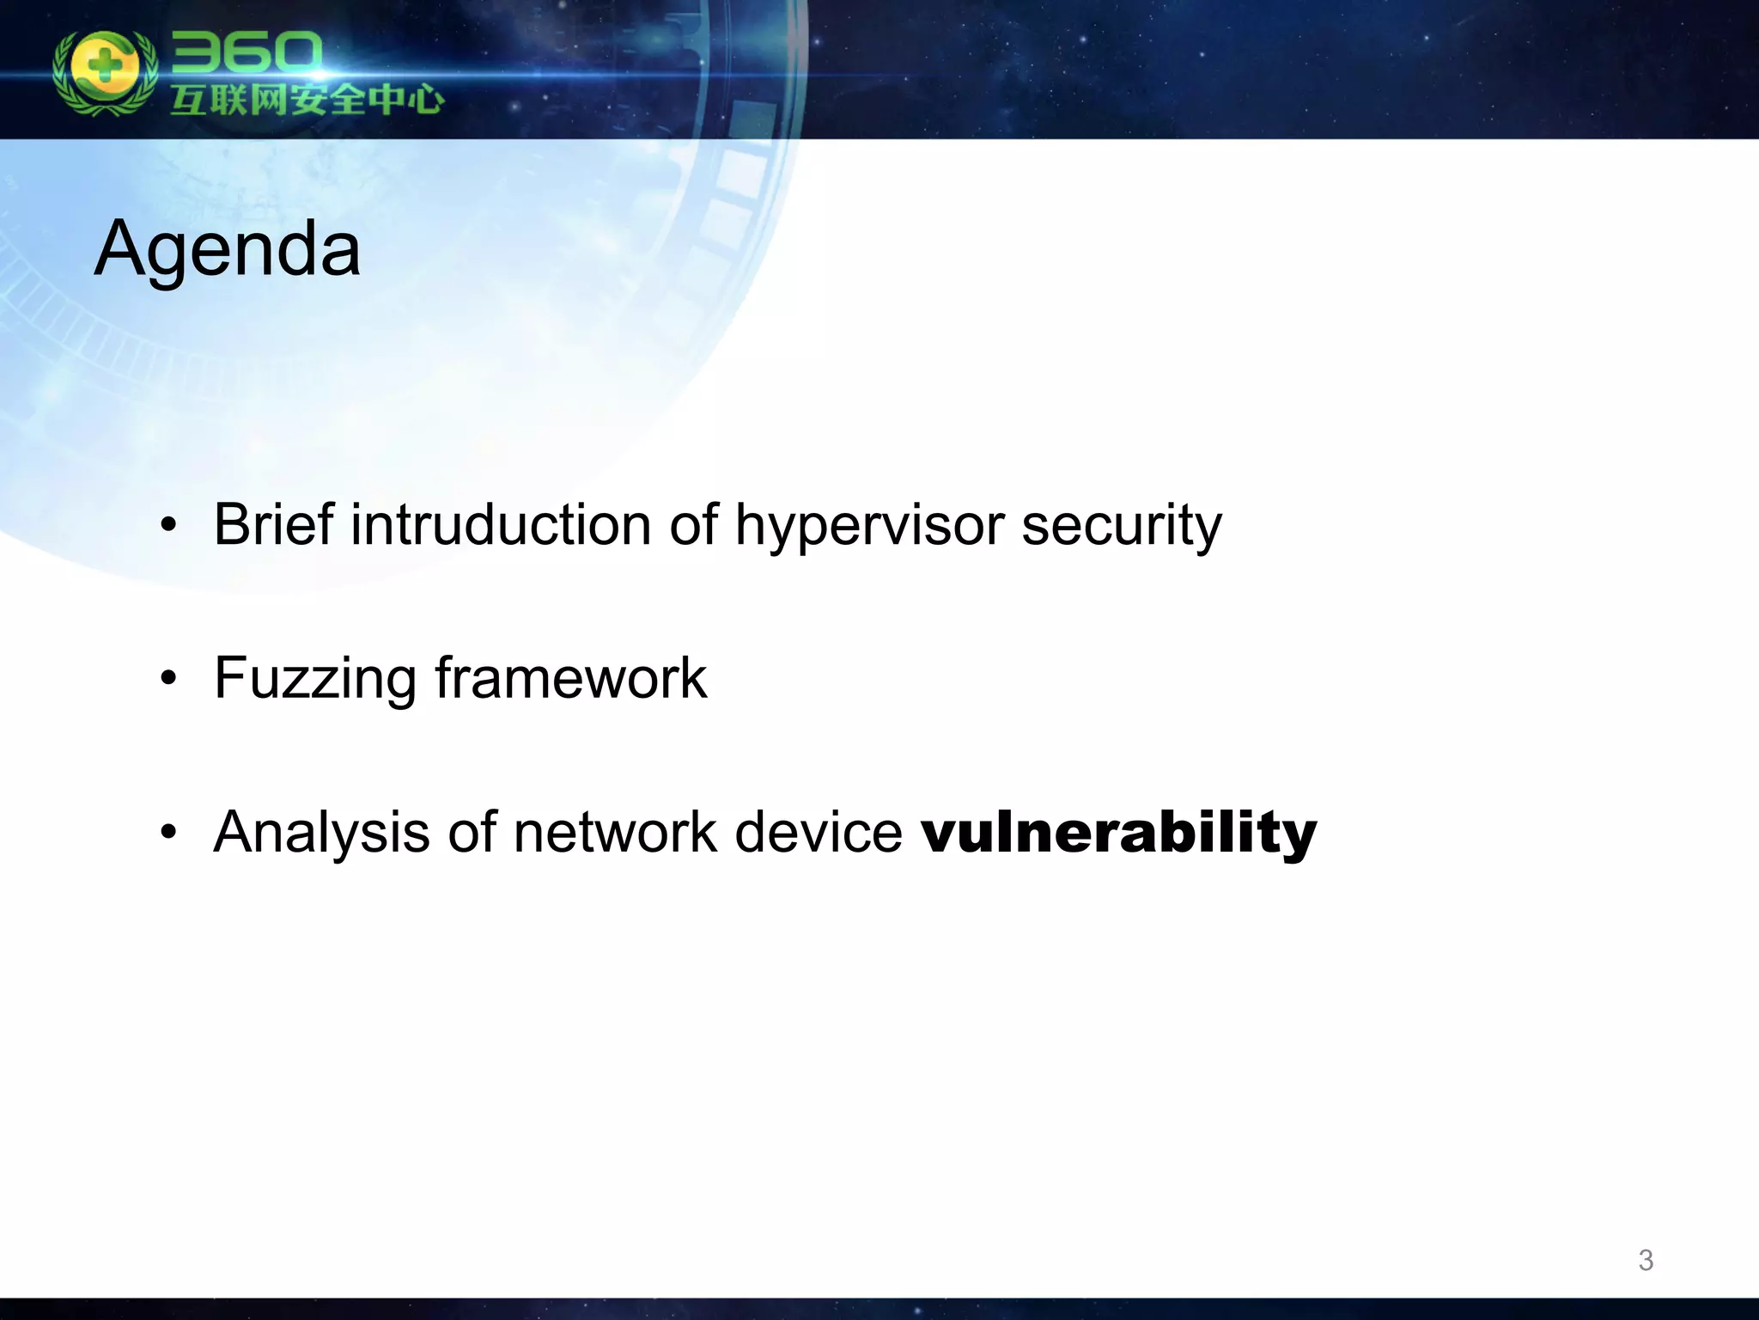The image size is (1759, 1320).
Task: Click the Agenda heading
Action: coord(227,249)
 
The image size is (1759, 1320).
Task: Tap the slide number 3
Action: coord(1645,1260)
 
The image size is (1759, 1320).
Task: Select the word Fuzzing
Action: coord(314,679)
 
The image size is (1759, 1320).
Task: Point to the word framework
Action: coord(570,678)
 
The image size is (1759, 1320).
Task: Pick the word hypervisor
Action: coord(868,526)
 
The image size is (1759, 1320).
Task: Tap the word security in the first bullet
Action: coord(1121,526)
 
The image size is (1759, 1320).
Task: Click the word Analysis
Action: coord(321,833)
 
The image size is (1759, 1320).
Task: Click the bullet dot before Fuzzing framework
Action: coord(168,679)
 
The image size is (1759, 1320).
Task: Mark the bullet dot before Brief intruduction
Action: coord(168,525)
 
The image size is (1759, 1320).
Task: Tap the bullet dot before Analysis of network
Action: coord(168,833)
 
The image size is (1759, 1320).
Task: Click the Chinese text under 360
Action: coord(306,101)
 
